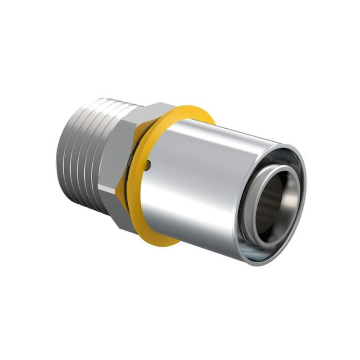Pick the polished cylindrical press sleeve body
point(202,180)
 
